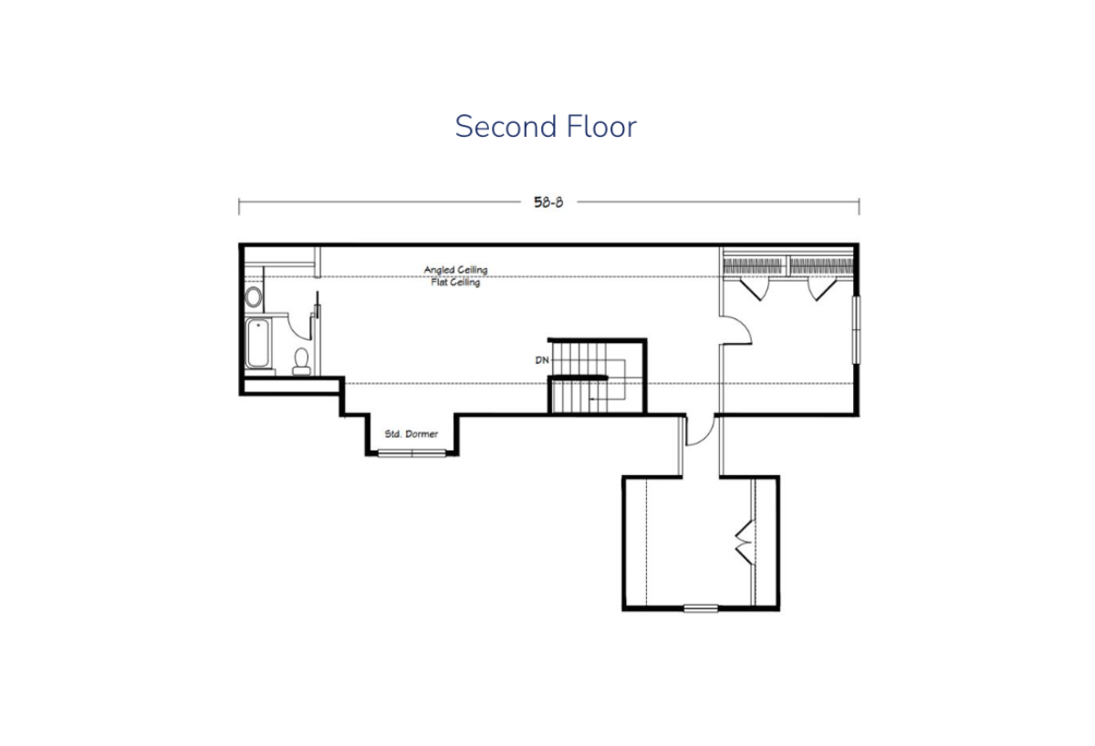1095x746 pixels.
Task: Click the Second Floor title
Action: coord(546,126)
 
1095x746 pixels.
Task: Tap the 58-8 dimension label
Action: coord(548,202)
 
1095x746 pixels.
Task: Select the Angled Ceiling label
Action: coord(455,270)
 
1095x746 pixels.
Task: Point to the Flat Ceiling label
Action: coord(455,283)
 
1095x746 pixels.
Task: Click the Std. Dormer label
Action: coord(412,434)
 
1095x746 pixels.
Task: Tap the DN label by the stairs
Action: coord(542,360)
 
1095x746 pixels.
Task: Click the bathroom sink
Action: coord(254,296)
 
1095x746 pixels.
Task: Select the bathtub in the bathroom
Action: coord(257,343)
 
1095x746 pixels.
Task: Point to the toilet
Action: coord(301,361)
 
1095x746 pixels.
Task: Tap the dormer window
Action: coord(412,453)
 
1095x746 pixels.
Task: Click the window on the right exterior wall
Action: coord(857,330)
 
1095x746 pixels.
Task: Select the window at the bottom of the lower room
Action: coord(701,608)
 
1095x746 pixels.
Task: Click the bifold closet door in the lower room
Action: coord(745,543)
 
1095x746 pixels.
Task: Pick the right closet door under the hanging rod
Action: coord(822,289)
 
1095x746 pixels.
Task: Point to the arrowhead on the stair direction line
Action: coord(592,399)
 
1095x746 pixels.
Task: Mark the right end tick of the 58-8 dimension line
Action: coord(859,207)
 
